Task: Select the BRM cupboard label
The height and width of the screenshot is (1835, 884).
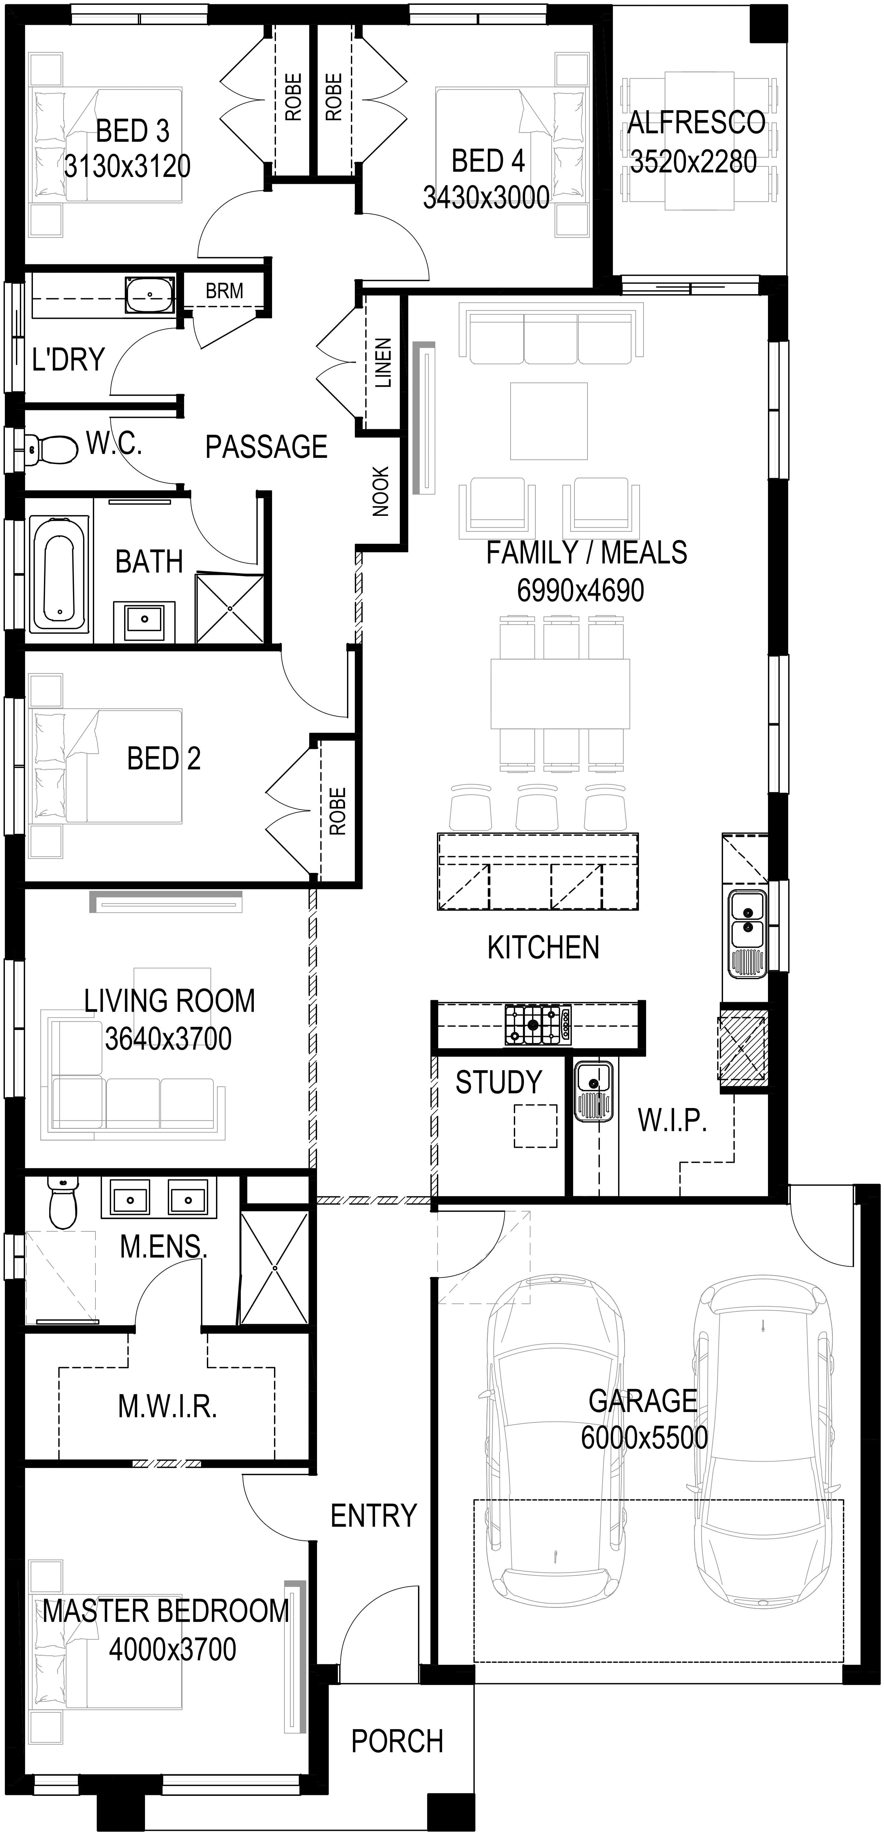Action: click(x=225, y=291)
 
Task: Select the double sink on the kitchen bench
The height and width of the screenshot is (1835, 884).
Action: click(x=746, y=933)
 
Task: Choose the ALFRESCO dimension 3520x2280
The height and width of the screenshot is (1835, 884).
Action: click(x=693, y=162)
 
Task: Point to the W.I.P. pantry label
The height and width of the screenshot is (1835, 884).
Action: click(x=672, y=1120)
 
